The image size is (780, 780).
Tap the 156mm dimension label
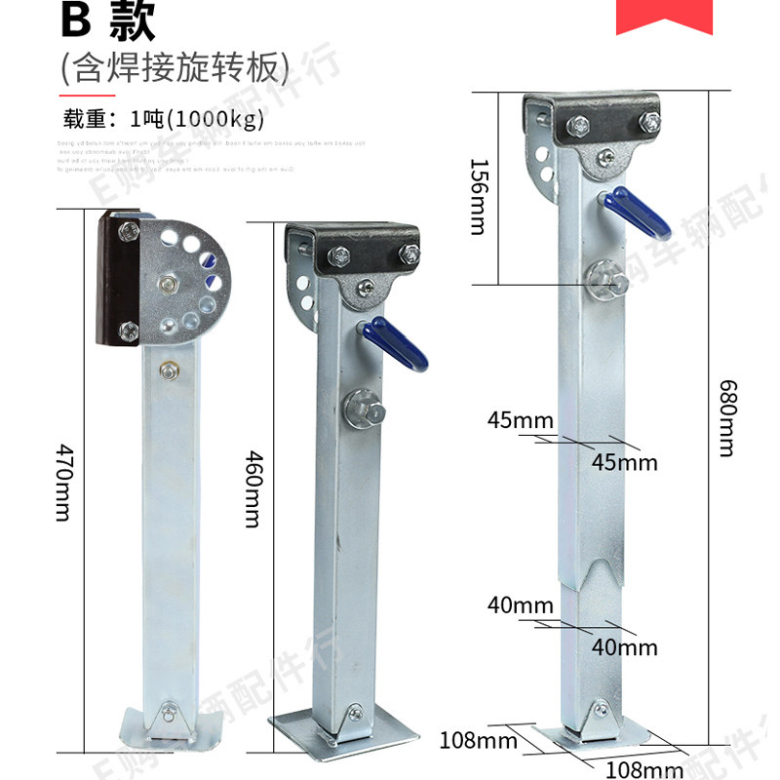[478, 196]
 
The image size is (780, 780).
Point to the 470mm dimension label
[63, 482]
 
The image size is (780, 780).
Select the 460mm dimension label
[252, 487]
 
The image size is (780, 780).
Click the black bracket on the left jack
[115, 281]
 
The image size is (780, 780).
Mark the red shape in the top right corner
[664, 16]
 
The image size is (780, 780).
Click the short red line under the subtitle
[88, 96]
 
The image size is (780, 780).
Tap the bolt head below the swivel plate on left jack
[171, 370]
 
